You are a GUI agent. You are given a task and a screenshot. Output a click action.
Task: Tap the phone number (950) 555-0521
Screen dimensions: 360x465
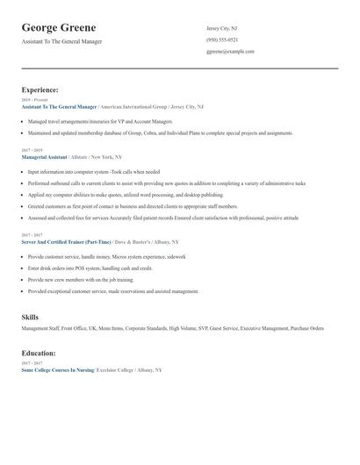click(x=222, y=39)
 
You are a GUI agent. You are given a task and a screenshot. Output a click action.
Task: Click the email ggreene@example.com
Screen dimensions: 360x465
click(x=230, y=51)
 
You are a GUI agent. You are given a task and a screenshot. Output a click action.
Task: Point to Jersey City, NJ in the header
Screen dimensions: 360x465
click(x=221, y=28)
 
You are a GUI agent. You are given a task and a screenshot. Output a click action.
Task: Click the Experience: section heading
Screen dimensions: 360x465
click(x=40, y=89)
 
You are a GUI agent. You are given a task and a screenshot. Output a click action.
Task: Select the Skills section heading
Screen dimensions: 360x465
click(x=30, y=316)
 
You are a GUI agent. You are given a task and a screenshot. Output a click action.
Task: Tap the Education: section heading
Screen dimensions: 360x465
click(x=39, y=353)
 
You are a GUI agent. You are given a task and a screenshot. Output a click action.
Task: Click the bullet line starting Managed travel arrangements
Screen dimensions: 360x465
click(x=100, y=121)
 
